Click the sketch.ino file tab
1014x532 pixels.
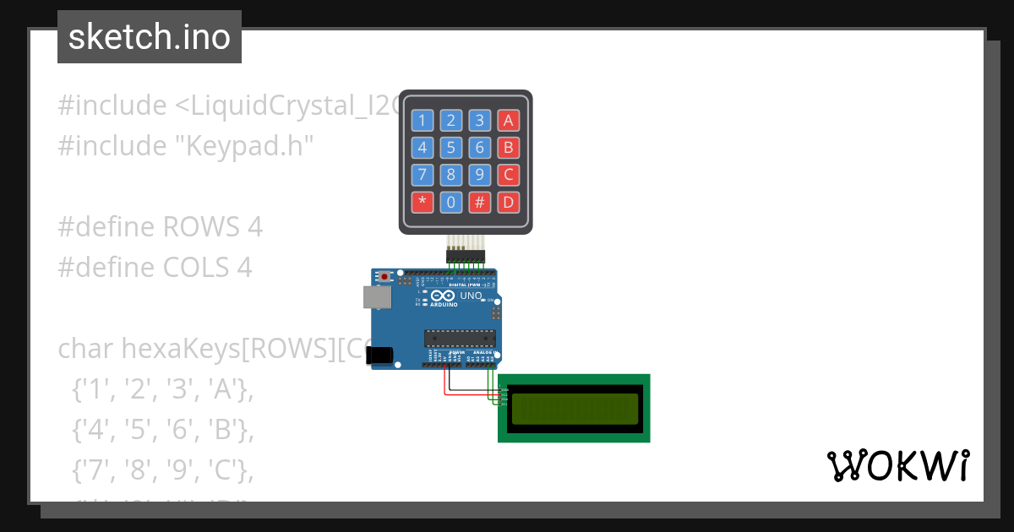tap(150, 37)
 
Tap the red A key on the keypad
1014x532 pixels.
tap(508, 120)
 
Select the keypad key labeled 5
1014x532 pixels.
tap(451, 148)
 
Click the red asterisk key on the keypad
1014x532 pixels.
tap(422, 203)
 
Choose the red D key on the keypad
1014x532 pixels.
tap(508, 203)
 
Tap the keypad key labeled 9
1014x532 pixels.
tap(480, 176)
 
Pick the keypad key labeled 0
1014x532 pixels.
tap(451, 203)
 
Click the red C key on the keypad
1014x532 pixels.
tap(508, 176)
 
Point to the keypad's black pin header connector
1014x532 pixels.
tap(466, 254)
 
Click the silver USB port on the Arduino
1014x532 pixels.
tap(376, 296)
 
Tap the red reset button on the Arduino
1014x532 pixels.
tap(386, 276)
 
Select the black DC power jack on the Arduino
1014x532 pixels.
tap(382, 356)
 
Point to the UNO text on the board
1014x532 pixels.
tap(471, 296)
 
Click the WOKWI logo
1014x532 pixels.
tap(897, 465)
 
